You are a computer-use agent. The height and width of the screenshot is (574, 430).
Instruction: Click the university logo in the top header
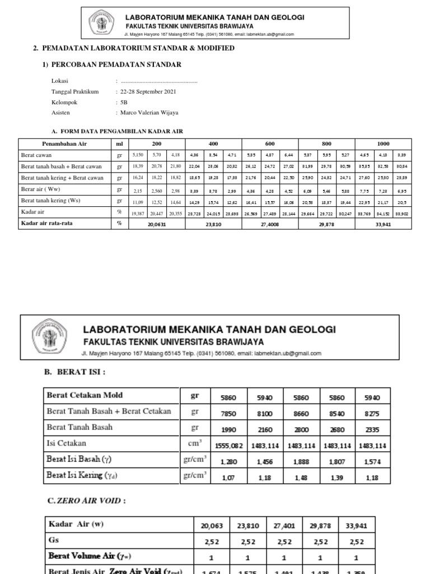click(x=102, y=23)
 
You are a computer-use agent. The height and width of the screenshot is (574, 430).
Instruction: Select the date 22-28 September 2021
click(x=147, y=91)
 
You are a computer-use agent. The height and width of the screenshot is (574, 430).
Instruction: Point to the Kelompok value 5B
click(x=124, y=102)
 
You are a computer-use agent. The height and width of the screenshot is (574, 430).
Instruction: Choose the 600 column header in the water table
click(x=270, y=144)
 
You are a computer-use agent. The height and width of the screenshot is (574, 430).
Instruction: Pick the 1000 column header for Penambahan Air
click(x=384, y=144)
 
